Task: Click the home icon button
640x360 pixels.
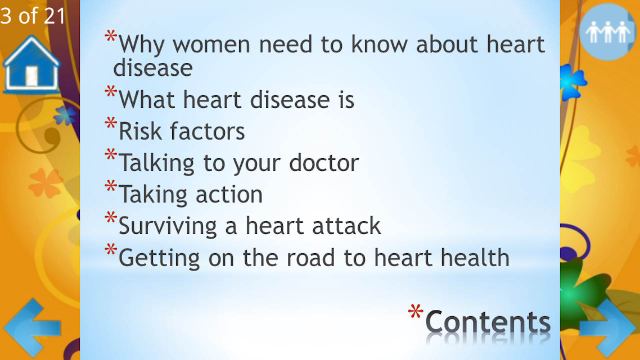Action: (31, 64)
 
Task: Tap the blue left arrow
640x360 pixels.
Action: (32, 328)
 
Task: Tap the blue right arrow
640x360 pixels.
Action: (608, 328)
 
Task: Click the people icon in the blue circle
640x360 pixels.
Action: (607, 32)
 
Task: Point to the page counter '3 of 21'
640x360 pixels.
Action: (33, 16)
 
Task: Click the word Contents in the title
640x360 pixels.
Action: (488, 322)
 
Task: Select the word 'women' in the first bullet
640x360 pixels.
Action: (211, 45)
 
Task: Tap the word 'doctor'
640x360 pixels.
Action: (324, 163)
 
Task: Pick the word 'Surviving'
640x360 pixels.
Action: (168, 227)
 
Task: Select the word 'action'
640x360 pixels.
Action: (229, 195)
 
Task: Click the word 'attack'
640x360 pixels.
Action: (346, 226)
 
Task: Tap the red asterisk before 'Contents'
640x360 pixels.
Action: (416, 312)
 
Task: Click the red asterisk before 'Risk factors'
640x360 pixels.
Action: (111, 123)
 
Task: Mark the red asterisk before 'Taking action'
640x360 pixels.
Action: (111, 186)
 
